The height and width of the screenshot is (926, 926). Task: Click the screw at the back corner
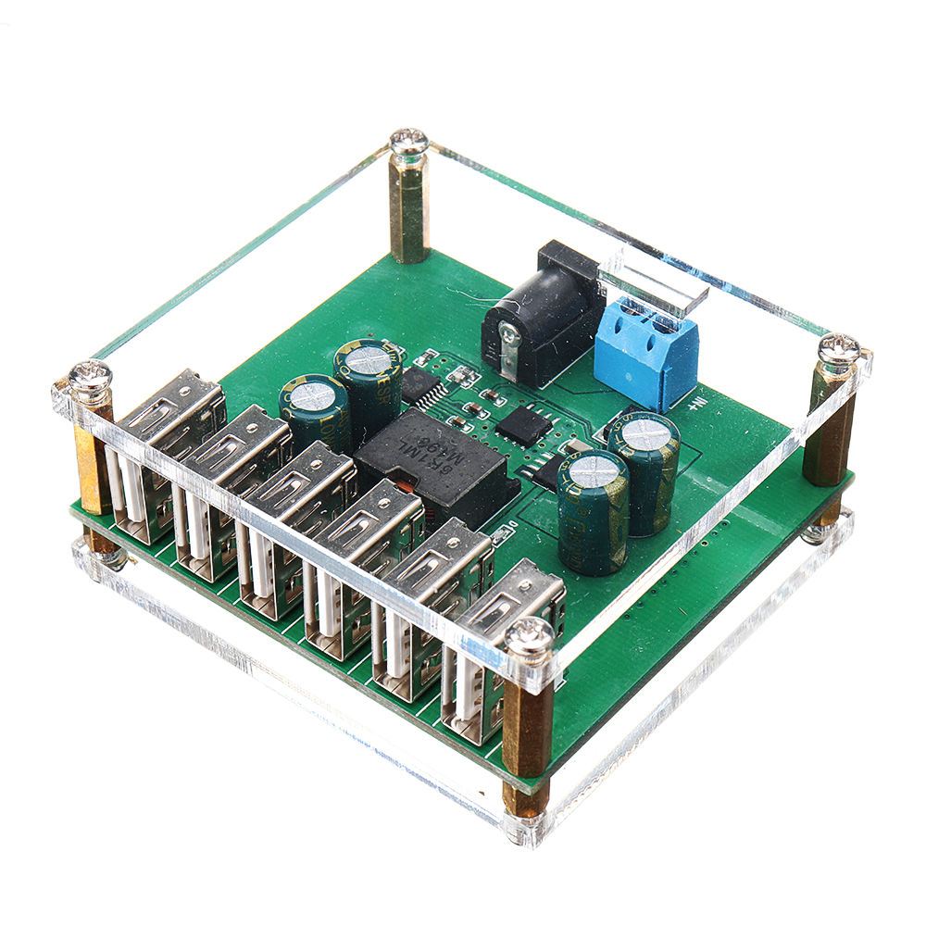tap(408, 144)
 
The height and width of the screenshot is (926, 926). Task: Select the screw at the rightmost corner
tap(840, 351)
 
